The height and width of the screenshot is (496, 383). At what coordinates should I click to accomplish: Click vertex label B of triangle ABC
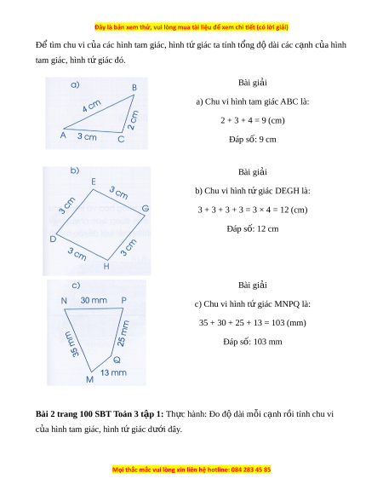pos(134,88)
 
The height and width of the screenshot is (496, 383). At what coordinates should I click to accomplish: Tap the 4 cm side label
pos(92,106)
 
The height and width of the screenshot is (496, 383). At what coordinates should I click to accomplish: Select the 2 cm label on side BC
pos(134,120)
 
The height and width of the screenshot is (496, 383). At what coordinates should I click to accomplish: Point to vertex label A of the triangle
pos(63,135)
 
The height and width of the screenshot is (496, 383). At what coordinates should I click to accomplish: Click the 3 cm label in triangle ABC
pos(87,136)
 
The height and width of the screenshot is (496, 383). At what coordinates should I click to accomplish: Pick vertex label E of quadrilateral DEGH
pos(94,182)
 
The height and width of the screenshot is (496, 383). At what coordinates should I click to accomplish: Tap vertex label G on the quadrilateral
pos(146,208)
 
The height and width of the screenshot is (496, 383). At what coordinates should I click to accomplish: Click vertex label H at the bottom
pos(106,267)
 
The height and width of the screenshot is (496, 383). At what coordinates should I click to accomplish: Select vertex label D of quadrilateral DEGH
pos(53,239)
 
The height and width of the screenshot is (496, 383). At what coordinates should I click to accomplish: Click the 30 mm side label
pos(94,300)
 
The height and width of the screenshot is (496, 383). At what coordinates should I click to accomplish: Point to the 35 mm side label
pos(71,344)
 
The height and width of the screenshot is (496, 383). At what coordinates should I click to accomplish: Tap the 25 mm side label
pos(123,333)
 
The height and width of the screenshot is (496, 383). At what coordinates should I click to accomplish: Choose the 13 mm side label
pos(113,372)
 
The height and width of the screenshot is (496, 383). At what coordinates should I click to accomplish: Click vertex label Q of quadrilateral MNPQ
pos(117,360)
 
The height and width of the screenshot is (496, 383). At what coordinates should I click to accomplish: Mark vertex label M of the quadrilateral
pos(89,379)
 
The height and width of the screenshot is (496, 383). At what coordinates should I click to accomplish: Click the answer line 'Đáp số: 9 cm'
pos(253,140)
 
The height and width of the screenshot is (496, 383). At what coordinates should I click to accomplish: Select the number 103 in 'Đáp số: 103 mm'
pos(259,342)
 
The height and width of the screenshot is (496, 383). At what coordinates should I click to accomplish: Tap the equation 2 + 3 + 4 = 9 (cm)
pos(253,120)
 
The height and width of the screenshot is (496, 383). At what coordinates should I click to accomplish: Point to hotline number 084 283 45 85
pos(251,470)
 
